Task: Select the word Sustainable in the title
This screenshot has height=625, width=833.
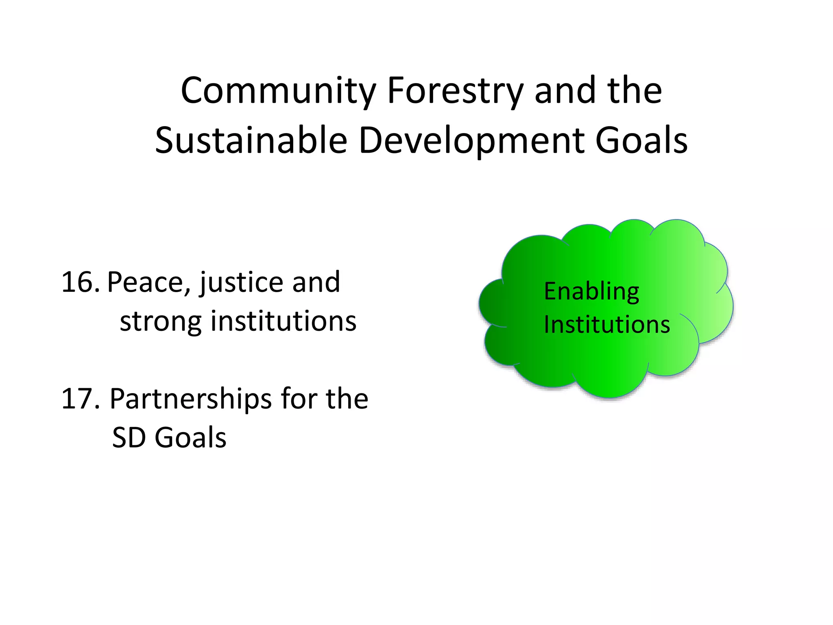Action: (x=251, y=140)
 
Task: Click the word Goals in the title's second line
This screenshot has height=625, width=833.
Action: (x=641, y=140)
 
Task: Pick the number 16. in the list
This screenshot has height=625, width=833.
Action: (x=80, y=282)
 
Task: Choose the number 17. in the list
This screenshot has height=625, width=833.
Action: (x=80, y=399)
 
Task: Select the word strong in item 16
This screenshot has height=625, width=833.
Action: (x=160, y=321)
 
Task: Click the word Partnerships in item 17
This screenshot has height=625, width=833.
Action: (x=190, y=399)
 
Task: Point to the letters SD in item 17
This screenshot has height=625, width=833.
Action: (x=129, y=438)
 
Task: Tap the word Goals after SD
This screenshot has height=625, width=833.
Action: (x=190, y=438)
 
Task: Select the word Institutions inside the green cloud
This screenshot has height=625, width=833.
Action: (x=607, y=325)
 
